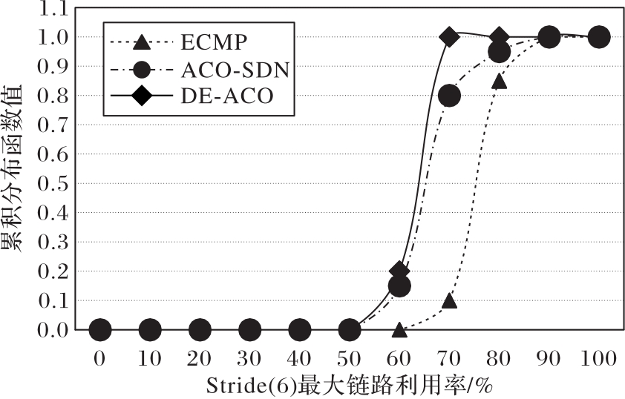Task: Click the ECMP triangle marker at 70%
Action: [x=449, y=300]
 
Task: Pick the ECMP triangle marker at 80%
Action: [x=500, y=81]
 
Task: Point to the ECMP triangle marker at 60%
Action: [x=399, y=329]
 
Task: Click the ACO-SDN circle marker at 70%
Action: [x=449, y=96]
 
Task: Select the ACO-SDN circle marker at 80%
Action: [x=500, y=52]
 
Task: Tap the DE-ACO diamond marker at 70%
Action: [x=449, y=36]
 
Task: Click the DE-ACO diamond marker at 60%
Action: [x=399, y=271]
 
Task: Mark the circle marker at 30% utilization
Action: [x=250, y=329]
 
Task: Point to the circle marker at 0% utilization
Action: [x=100, y=329]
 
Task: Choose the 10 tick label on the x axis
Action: [x=150, y=359]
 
